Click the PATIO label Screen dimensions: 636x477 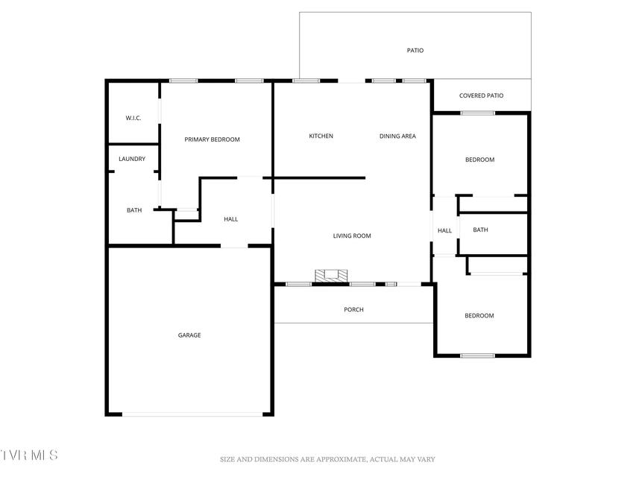coord(415,50)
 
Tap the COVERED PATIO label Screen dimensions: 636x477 coord(481,95)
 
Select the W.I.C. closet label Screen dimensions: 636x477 coord(133,118)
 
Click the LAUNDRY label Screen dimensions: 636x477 coord(132,159)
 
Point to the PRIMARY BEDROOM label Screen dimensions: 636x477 coord(212,139)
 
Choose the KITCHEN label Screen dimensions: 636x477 coord(321,136)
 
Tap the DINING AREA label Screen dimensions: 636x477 coord(397,136)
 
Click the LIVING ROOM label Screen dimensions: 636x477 coord(352,236)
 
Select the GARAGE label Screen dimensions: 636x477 coord(189,335)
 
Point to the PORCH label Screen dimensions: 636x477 coord(353,309)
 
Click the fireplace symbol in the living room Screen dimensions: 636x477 coord(331,276)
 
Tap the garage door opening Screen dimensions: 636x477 coord(192,414)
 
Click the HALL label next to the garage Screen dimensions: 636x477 coord(231,219)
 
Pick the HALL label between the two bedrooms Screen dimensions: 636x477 coord(444,230)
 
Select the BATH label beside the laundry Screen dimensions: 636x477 coord(134,210)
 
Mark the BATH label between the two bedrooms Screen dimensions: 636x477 coord(480,230)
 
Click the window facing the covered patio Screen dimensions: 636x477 coord(478,113)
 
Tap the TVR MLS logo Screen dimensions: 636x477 coord(29,455)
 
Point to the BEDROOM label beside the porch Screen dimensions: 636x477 coord(479,315)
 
